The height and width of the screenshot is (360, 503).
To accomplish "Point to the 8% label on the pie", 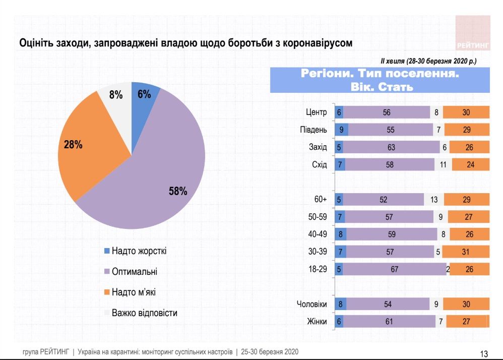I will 116,94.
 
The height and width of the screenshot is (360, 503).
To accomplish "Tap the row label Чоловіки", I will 312,305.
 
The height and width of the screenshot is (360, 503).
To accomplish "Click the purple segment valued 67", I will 394,269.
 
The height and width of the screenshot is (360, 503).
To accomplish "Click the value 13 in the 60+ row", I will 434,200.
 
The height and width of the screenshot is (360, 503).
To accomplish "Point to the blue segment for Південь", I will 342,130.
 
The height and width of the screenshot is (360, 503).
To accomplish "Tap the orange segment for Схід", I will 470,164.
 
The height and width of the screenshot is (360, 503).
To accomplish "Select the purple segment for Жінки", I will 389,322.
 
